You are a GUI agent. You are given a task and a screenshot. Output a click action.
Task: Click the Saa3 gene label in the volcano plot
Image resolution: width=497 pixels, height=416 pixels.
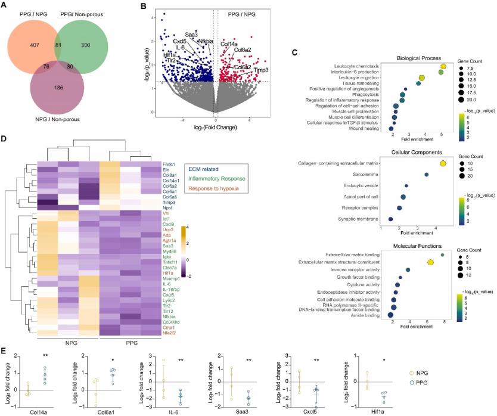click(x=191, y=35)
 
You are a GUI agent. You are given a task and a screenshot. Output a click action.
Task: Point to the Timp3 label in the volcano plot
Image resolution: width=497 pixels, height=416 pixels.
click(x=261, y=70)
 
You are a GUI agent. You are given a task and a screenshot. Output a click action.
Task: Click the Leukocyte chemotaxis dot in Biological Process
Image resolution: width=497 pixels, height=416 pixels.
click(x=443, y=66)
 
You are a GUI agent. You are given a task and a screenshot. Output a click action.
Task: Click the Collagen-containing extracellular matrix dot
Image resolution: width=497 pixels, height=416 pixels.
click(x=443, y=163)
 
